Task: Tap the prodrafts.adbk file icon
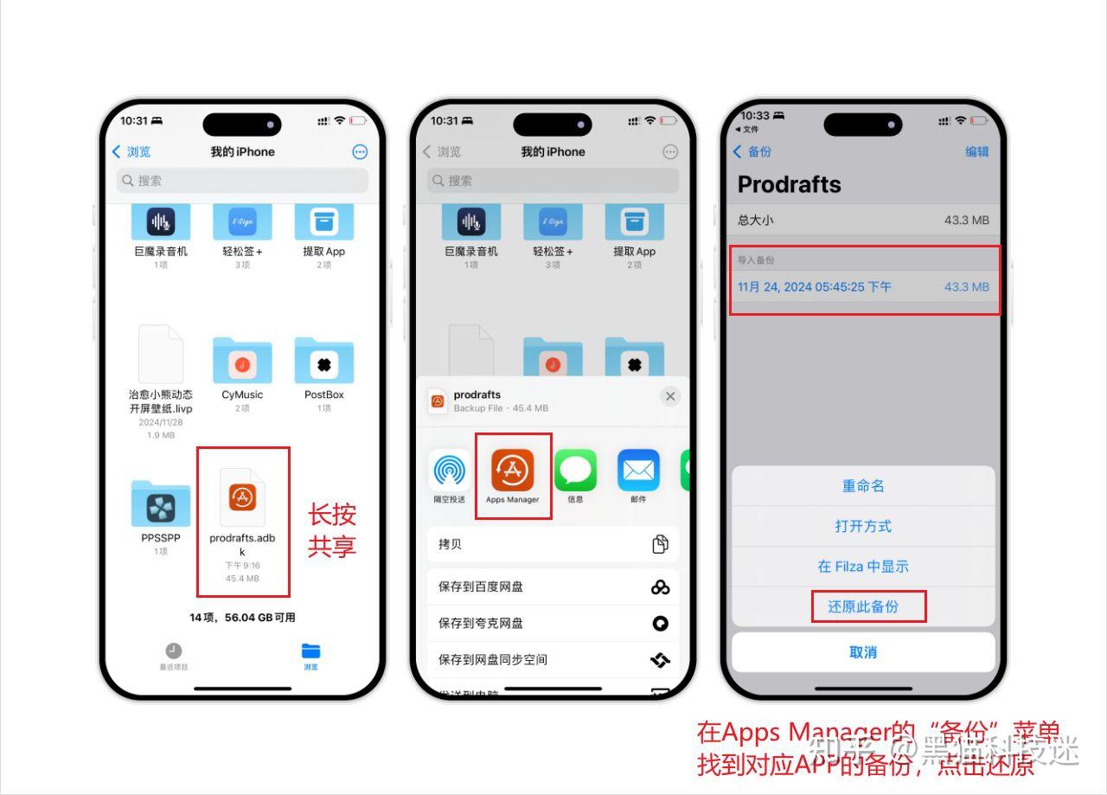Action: [x=242, y=497]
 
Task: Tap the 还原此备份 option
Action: [x=867, y=606]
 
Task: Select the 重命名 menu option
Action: [x=863, y=486]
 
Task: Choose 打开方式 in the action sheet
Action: [x=863, y=526]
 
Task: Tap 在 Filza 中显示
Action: [x=863, y=567]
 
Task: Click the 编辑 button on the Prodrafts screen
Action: [x=976, y=151]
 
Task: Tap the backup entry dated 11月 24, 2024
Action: [x=863, y=286]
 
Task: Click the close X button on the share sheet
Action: [x=669, y=396]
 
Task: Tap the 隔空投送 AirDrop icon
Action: [x=449, y=471]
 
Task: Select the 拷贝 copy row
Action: [x=553, y=544]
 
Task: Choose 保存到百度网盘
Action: [x=553, y=587]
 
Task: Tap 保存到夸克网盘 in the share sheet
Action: [x=553, y=623]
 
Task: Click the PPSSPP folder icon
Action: [x=161, y=505]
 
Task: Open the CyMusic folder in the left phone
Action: [x=242, y=362]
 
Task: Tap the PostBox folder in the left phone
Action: [x=323, y=362]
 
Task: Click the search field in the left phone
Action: [x=242, y=181]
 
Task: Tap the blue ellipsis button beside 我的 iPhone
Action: [x=360, y=152]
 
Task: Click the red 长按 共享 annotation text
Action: [x=332, y=530]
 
